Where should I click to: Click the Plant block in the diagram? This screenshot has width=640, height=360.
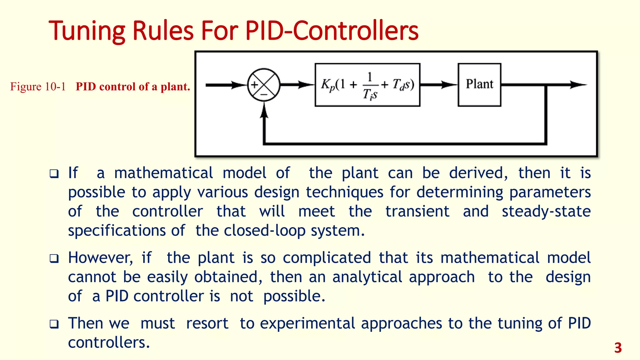(x=479, y=85)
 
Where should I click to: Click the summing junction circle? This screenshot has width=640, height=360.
(x=264, y=85)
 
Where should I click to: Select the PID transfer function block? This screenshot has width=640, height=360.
(x=367, y=85)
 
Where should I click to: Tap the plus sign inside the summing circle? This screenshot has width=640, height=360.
(x=255, y=85)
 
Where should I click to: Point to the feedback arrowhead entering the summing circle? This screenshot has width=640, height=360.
(x=264, y=111)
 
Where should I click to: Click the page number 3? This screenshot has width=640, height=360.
(x=618, y=348)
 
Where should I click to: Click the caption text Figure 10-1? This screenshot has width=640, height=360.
(x=38, y=87)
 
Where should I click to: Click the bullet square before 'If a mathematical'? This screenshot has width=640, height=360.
(x=54, y=174)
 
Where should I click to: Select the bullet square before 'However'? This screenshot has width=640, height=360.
(x=54, y=259)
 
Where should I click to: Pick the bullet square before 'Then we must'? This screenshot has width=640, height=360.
(x=54, y=324)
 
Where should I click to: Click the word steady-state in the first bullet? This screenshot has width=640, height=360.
(x=546, y=212)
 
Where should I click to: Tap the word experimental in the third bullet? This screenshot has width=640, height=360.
(x=307, y=324)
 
